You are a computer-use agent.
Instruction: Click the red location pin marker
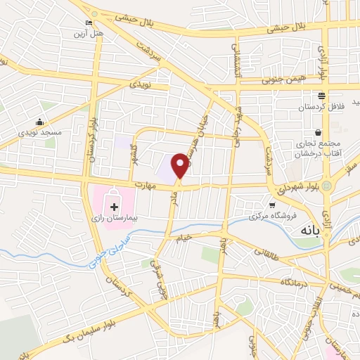tap(181, 165)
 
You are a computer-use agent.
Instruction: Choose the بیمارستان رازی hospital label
tap(114, 219)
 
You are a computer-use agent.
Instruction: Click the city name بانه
tap(311, 230)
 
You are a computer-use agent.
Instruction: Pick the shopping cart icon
tap(272, 205)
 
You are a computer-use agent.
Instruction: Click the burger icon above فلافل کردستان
tap(321, 96)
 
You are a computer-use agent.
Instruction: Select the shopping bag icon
tap(319, 132)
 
